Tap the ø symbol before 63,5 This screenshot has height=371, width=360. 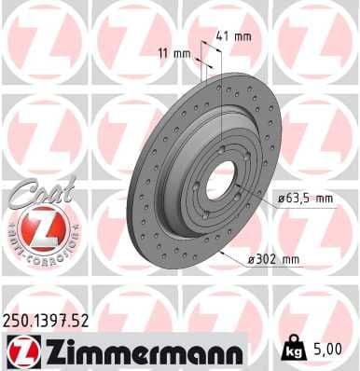point(281,198)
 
